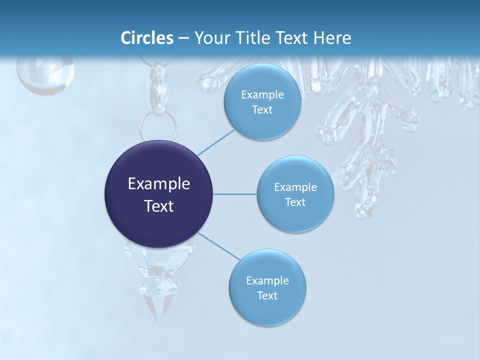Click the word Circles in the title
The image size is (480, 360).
click(x=147, y=38)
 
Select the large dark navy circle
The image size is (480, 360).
click(x=158, y=194)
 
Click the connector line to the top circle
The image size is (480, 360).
click(x=216, y=141)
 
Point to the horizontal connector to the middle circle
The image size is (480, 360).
click(x=235, y=194)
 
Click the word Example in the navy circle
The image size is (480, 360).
click(x=158, y=184)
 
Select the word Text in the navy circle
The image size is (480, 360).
click(x=158, y=206)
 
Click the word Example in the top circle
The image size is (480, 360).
click(x=262, y=95)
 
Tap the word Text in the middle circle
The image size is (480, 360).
click(x=295, y=202)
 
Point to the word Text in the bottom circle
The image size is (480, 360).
click(x=267, y=296)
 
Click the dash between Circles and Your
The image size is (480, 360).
click(x=183, y=38)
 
